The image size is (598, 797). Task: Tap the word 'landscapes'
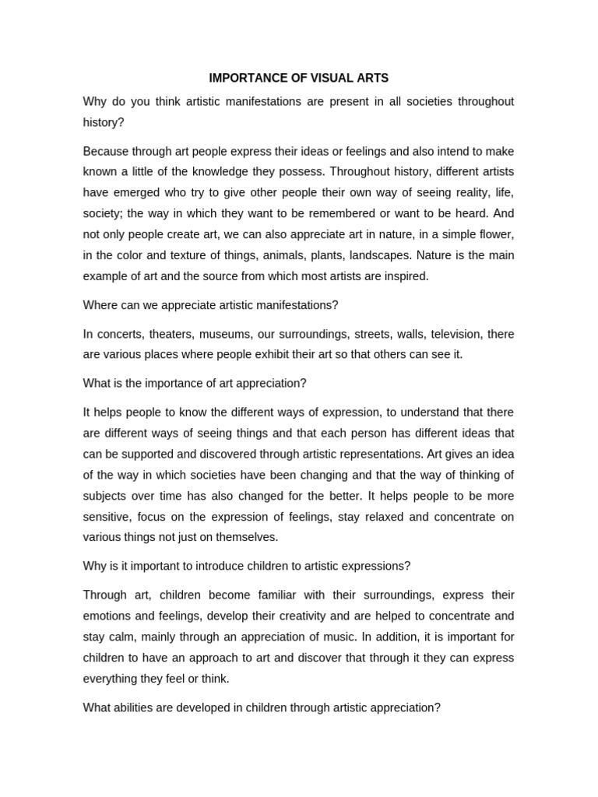pyautogui.click(x=379, y=255)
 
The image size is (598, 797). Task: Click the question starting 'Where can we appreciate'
pyautogui.click(x=210, y=305)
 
